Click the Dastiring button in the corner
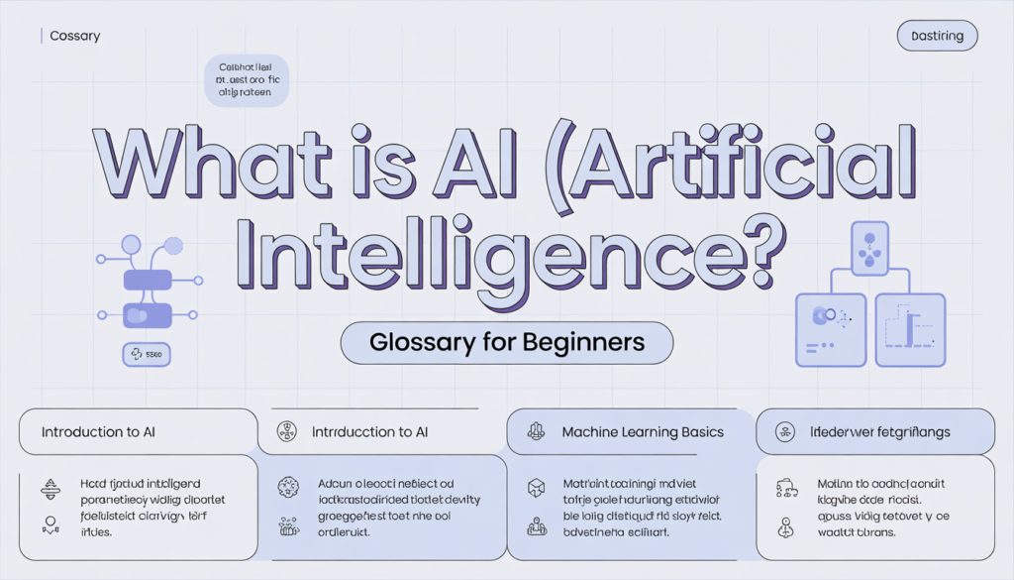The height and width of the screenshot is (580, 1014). [937, 37]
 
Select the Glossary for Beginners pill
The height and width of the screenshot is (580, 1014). [506, 343]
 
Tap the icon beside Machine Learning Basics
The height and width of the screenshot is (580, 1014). [537, 432]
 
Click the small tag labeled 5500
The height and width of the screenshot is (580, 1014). [146, 353]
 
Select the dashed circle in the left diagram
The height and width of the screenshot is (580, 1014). [174, 245]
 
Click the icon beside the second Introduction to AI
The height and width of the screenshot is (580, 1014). [287, 432]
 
